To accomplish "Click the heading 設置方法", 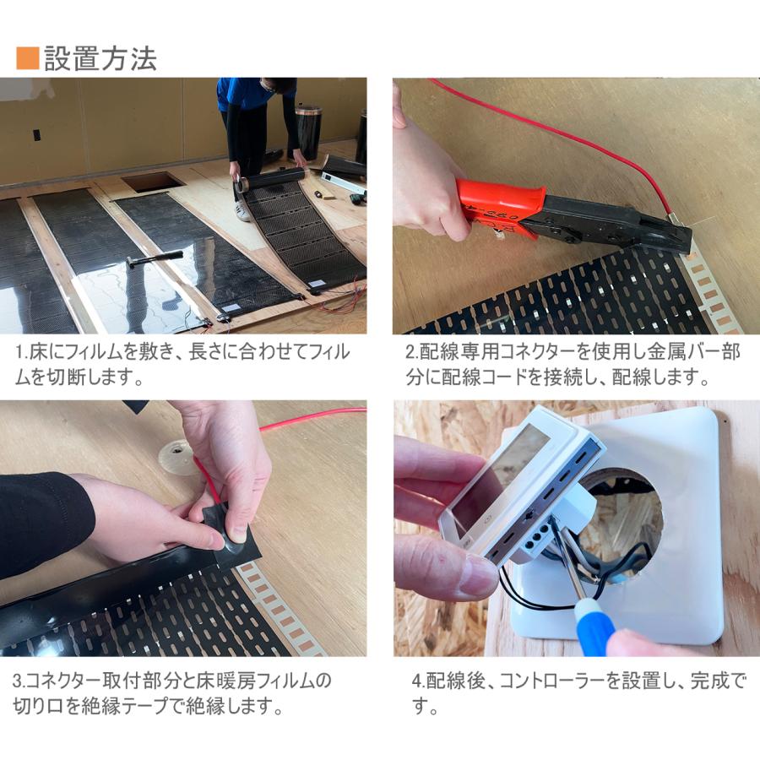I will point(100,58).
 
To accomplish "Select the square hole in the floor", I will point(153,181).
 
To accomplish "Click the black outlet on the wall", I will point(36,135).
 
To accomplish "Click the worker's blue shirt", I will point(244,93).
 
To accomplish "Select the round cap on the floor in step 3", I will point(178,457).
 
